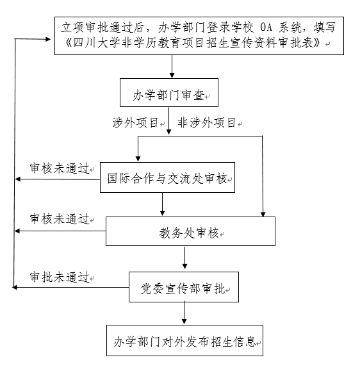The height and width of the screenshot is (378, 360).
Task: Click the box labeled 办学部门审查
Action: [169, 92]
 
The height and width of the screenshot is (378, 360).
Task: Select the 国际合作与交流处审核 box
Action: [167, 177]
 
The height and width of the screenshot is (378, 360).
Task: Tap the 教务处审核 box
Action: [190, 231]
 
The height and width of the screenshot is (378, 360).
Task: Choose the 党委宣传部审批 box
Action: [184, 287]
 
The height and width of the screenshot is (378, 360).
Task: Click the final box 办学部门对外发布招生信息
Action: [184, 340]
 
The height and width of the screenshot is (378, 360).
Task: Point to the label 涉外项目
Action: [135, 123]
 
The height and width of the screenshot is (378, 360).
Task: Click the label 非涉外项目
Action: [206, 123]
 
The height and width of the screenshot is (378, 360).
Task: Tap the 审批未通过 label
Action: [60, 277]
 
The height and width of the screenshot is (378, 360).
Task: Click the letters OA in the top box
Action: [266, 28]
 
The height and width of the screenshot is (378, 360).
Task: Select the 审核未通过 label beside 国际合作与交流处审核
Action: [60, 168]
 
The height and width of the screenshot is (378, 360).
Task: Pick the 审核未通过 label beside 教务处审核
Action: [60, 219]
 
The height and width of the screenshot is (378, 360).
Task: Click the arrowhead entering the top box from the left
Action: [48, 39]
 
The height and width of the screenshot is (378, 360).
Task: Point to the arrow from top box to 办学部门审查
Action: [172, 66]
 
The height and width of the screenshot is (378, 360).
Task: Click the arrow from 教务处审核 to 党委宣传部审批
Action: [185, 258]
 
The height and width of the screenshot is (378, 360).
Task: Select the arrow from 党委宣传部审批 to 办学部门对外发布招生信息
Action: [184, 313]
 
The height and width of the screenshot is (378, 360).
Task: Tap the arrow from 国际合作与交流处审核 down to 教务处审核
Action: [163, 204]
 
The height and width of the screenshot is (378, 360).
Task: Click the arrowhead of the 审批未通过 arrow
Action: [15, 287]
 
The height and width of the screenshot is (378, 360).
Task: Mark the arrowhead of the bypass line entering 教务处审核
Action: [263, 214]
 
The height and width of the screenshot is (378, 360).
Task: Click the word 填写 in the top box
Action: [324, 28]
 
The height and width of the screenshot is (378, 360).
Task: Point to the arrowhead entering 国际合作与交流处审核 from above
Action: [138, 158]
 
